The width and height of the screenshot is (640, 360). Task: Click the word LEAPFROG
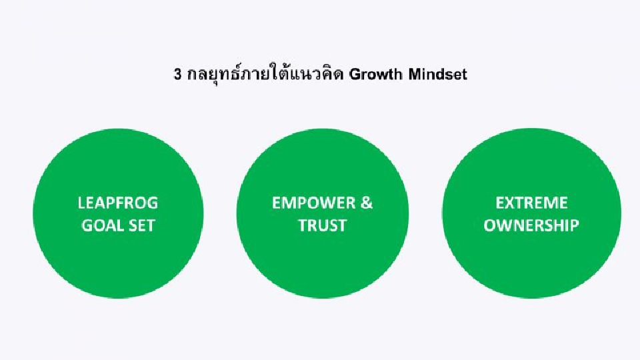pos(118,203)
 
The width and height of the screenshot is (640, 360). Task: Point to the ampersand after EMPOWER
pos(366,203)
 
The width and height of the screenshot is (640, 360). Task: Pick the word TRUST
pos(323,225)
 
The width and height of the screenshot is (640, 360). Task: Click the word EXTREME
pos(531,203)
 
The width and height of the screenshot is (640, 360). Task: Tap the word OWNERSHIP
pos(531,225)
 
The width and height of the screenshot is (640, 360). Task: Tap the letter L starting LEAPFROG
pos(81,203)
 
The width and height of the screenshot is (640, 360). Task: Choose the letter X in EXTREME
pos(509,203)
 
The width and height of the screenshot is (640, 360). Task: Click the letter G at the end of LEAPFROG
pos(152,203)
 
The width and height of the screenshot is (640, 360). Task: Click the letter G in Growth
pos(355,75)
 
